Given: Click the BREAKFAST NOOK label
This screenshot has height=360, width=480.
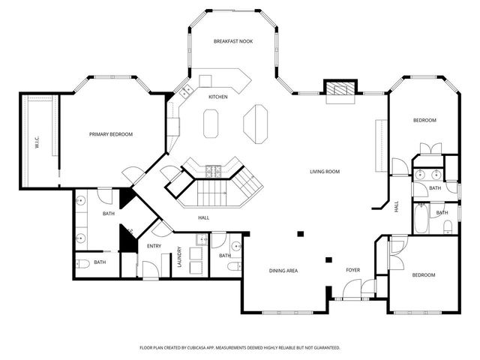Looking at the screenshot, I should click(232, 41).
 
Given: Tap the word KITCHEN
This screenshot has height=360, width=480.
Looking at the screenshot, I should click(218, 97).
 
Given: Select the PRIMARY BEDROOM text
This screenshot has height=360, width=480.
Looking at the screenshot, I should click(110, 134).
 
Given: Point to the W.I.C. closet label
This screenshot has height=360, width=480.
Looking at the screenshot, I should click(37, 140).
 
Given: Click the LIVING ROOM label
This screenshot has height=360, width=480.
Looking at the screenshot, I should click(325, 172).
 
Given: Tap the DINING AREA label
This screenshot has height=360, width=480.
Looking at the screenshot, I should click(284, 270).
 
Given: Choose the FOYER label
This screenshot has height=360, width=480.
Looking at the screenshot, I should click(352, 270).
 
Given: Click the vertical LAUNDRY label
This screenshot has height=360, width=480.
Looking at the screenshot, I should click(178, 257).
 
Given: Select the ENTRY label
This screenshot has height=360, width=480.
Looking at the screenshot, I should click(154, 246).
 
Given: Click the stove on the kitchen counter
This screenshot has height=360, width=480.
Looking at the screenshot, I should click(213, 170).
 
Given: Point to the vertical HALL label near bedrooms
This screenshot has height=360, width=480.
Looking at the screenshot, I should click(397, 205).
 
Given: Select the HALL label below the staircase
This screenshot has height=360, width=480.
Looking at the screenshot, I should click(203, 218).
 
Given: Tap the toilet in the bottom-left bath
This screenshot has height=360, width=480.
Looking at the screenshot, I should click(83, 263).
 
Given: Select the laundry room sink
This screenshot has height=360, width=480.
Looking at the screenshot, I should click(201, 240).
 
